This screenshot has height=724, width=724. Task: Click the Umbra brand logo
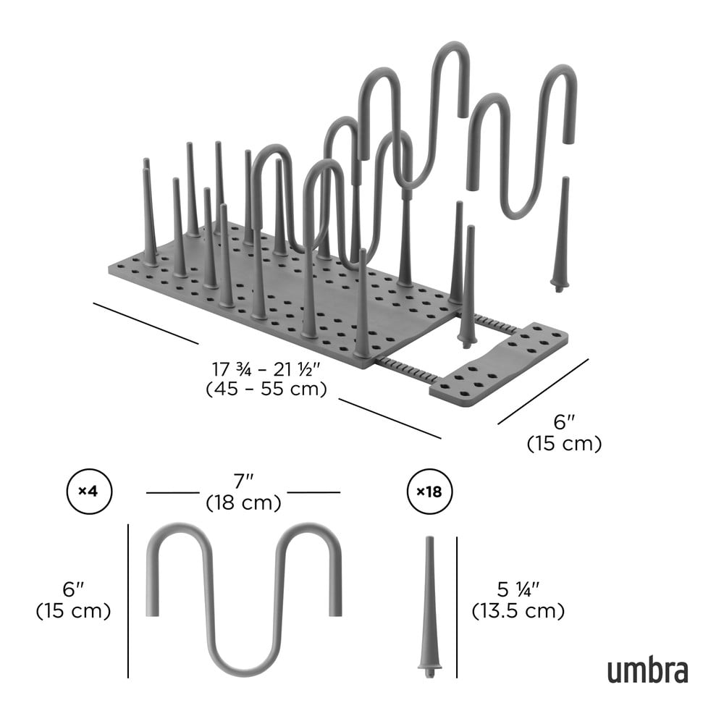pos(647,672)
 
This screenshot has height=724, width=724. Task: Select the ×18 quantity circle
pos(429,492)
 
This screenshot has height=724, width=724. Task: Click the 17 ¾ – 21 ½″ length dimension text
pos(266,369)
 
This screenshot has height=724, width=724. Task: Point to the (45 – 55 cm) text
pos(266,390)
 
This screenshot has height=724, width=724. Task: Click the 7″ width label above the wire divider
pos(244,481)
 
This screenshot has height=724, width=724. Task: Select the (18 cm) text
pos(244,502)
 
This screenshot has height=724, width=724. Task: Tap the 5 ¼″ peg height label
pos(518,589)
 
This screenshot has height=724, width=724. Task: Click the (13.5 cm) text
pos(518,611)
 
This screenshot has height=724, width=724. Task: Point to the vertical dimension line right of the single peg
pos(457,607)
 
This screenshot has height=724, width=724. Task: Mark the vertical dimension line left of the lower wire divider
pos(128,601)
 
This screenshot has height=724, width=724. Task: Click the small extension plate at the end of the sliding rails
pos(499,365)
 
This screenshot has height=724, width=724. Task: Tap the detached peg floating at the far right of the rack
pos(562,234)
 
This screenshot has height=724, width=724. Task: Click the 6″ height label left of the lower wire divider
pos(73,589)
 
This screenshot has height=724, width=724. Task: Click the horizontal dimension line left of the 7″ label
pos(173,492)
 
